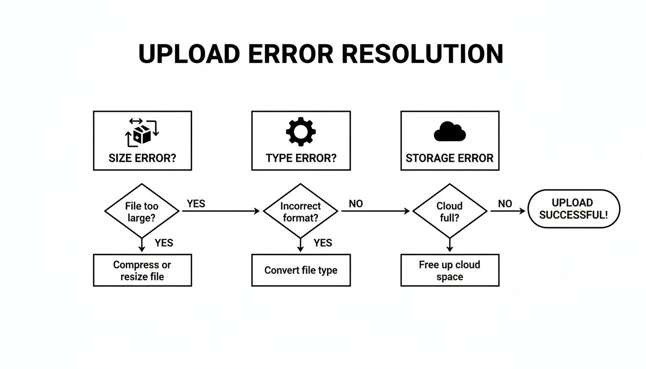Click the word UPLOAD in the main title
pos(188,54)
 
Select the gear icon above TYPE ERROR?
pos(301,132)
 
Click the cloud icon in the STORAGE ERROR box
pos(449,132)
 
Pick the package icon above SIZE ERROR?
pos(142,133)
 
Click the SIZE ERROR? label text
pos(142,159)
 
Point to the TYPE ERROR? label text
pos(301,159)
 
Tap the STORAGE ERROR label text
pos(449,159)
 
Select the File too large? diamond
pos(142,211)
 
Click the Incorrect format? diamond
pos(300,211)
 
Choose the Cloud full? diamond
pos(449,211)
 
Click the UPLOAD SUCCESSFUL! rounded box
pos(573,209)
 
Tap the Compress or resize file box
pos(142,271)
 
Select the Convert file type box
pos(301,271)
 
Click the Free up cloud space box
pos(449,271)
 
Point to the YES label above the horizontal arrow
pos(196,204)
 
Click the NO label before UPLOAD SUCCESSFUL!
pos(505,204)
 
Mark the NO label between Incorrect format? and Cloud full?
pos(356,204)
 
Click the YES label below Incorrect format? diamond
pos(323,243)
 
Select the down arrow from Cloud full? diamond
pos(449,245)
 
